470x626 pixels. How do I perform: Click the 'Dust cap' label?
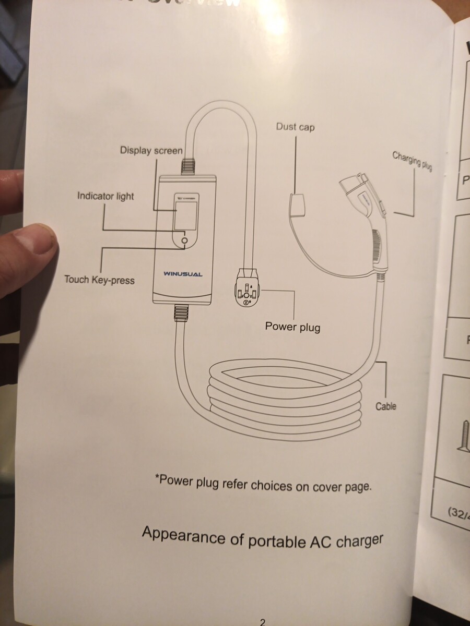tap(296, 127)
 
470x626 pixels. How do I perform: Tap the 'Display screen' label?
tap(151, 151)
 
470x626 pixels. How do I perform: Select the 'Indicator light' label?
tap(105, 197)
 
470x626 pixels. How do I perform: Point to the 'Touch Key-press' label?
tap(99, 280)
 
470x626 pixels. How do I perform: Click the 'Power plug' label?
tap(292, 327)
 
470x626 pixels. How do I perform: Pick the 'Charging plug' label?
tap(412, 161)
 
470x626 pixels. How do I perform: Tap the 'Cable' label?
tap(386, 406)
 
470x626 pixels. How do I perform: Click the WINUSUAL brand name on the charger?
tap(183, 273)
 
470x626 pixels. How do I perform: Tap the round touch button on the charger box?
tap(184, 240)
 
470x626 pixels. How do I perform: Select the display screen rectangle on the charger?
tap(185, 215)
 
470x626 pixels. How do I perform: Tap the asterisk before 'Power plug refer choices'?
tap(157, 477)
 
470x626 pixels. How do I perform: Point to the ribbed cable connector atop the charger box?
tap(188, 167)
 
